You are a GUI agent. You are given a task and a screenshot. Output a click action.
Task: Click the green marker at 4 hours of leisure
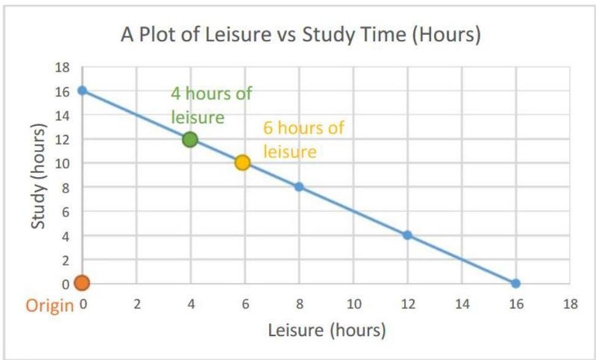pyautogui.click(x=190, y=139)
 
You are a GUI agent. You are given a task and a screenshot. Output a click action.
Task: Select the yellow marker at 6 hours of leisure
pyautogui.click(x=242, y=163)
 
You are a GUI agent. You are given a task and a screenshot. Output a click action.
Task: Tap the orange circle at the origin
pyautogui.click(x=82, y=283)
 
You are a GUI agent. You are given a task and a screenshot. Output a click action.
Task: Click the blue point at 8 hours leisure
pyautogui.click(x=299, y=187)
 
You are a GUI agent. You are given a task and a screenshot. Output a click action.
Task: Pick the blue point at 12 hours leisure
pyautogui.click(x=407, y=235)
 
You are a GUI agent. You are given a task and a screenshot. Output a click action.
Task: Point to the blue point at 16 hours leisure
pyautogui.click(x=516, y=283)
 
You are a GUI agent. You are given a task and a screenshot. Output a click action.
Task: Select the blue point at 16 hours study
pyautogui.click(x=82, y=91)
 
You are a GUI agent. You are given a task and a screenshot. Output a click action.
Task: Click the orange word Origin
pyautogui.click(x=49, y=305)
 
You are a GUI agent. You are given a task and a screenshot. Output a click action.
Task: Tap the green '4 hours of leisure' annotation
pyautogui.click(x=211, y=105)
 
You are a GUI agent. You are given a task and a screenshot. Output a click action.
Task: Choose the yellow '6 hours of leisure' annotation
pyautogui.click(x=303, y=140)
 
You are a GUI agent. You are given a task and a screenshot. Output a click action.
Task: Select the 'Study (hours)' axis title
pyautogui.click(x=39, y=176)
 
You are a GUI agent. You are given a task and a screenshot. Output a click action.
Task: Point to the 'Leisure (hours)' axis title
pyautogui.click(x=327, y=331)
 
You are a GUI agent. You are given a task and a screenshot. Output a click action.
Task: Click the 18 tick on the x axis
pyautogui.click(x=570, y=305)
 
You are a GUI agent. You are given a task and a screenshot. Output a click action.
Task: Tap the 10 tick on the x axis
pyautogui.click(x=353, y=305)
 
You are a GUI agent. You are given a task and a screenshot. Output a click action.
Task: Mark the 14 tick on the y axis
pyautogui.click(x=63, y=115)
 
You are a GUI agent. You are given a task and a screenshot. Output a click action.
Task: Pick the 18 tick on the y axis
pyautogui.click(x=63, y=67)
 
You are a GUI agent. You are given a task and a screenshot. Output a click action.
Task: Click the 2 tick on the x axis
pyautogui.click(x=136, y=305)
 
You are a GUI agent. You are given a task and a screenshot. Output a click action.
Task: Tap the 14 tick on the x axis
pyautogui.click(x=461, y=305)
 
